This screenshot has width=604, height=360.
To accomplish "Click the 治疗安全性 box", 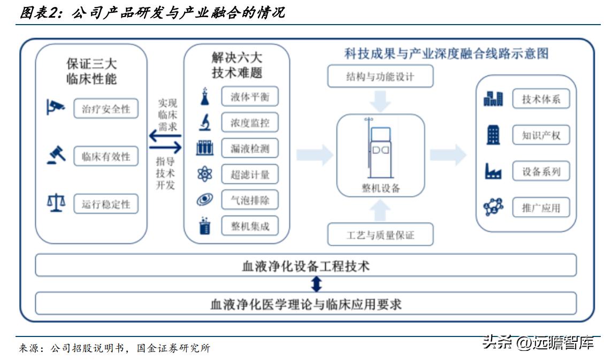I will tap(106, 109).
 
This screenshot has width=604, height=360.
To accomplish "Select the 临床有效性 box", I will tap(106, 157).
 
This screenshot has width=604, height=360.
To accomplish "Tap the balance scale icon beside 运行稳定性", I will tap(56, 203).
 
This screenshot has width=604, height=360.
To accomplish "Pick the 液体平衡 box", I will tap(250, 98).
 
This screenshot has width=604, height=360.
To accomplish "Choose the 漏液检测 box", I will tap(250, 149).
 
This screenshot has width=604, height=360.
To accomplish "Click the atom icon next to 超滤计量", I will tap(204, 174).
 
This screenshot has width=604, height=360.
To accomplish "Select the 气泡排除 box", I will tap(250, 200).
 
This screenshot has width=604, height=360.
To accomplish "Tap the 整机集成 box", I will tap(250, 226).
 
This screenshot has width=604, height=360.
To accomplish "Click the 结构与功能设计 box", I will tap(379, 76).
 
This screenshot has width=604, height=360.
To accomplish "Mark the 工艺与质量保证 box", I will tap(379, 235).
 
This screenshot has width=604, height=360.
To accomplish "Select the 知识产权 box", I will tap(541, 135).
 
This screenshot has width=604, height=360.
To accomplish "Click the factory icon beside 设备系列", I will tap(493, 171).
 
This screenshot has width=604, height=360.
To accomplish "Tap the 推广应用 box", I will tap(541, 208).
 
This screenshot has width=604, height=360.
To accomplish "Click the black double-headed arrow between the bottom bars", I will tap(317, 284).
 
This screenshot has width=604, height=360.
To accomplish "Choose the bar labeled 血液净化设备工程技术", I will tap(305, 266).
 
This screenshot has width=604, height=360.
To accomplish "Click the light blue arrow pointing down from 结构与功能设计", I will tap(380, 100).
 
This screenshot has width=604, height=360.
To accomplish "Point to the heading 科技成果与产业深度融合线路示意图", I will tap(447, 53).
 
